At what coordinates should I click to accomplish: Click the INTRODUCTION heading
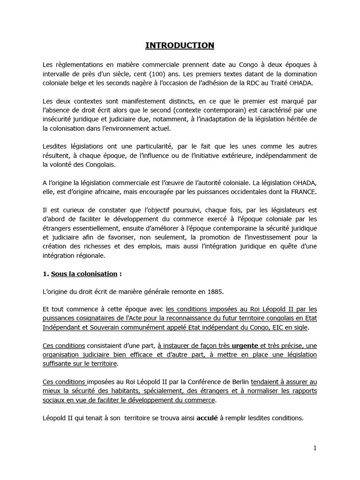pyautogui.click(x=180, y=45)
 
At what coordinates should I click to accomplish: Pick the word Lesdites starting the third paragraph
pyautogui.click(x=55, y=146)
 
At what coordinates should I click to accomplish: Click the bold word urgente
pyautogui.click(x=242, y=345)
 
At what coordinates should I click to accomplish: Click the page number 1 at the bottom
pyautogui.click(x=315, y=448)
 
